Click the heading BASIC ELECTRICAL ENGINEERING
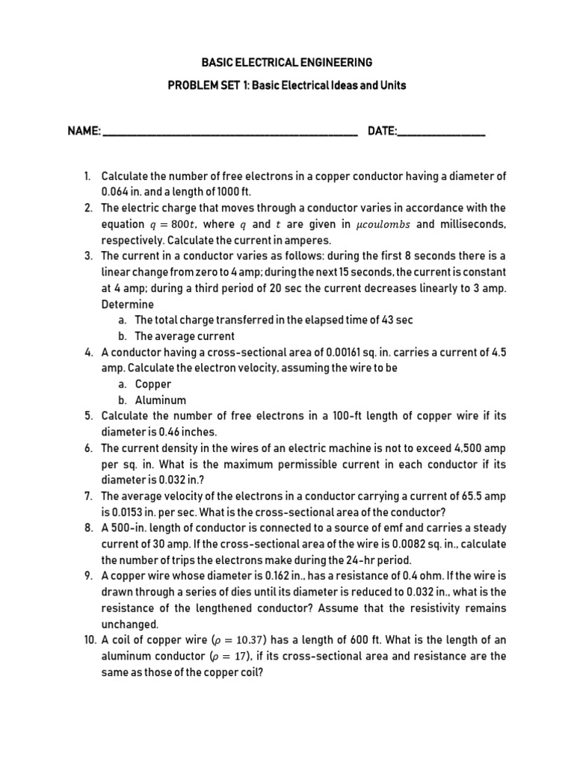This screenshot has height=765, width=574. (287, 62)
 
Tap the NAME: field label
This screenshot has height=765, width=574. (84, 131)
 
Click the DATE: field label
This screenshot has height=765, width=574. (382, 131)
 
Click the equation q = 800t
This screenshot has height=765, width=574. (172, 224)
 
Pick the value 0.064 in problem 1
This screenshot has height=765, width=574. (117, 192)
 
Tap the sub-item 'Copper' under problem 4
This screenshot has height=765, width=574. (153, 384)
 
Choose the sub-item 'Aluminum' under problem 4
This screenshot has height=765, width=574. (160, 400)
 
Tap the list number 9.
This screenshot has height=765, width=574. (87, 577)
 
